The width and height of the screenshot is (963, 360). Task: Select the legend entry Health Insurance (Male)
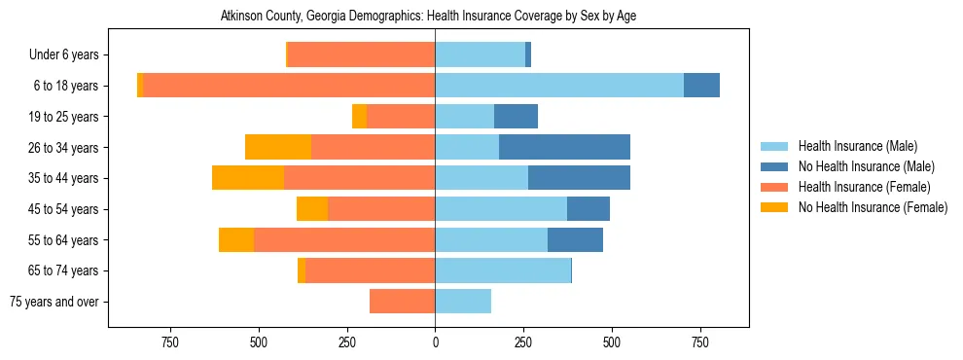pyautogui.click(x=857, y=146)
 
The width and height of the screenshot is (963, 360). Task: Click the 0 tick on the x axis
pyautogui.click(x=435, y=342)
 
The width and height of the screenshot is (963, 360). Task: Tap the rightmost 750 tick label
pyautogui.click(x=699, y=342)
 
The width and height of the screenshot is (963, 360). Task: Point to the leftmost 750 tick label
pyautogui.click(x=170, y=342)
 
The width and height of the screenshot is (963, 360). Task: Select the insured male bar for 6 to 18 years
pyautogui.click(x=559, y=86)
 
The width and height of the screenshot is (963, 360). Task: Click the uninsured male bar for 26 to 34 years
pyautogui.click(x=564, y=148)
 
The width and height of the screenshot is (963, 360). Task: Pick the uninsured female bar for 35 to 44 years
pyautogui.click(x=248, y=178)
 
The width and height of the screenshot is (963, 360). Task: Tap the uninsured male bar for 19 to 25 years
pyautogui.click(x=516, y=117)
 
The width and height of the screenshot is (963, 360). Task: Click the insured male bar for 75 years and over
pyautogui.click(x=463, y=302)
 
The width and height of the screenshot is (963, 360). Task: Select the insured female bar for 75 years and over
pyautogui.click(x=402, y=302)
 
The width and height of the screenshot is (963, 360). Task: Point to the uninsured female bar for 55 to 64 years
pyautogui.click(x=236, y=240)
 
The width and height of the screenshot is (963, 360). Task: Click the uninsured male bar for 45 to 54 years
pyautogui.click(x=588, y=209)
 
